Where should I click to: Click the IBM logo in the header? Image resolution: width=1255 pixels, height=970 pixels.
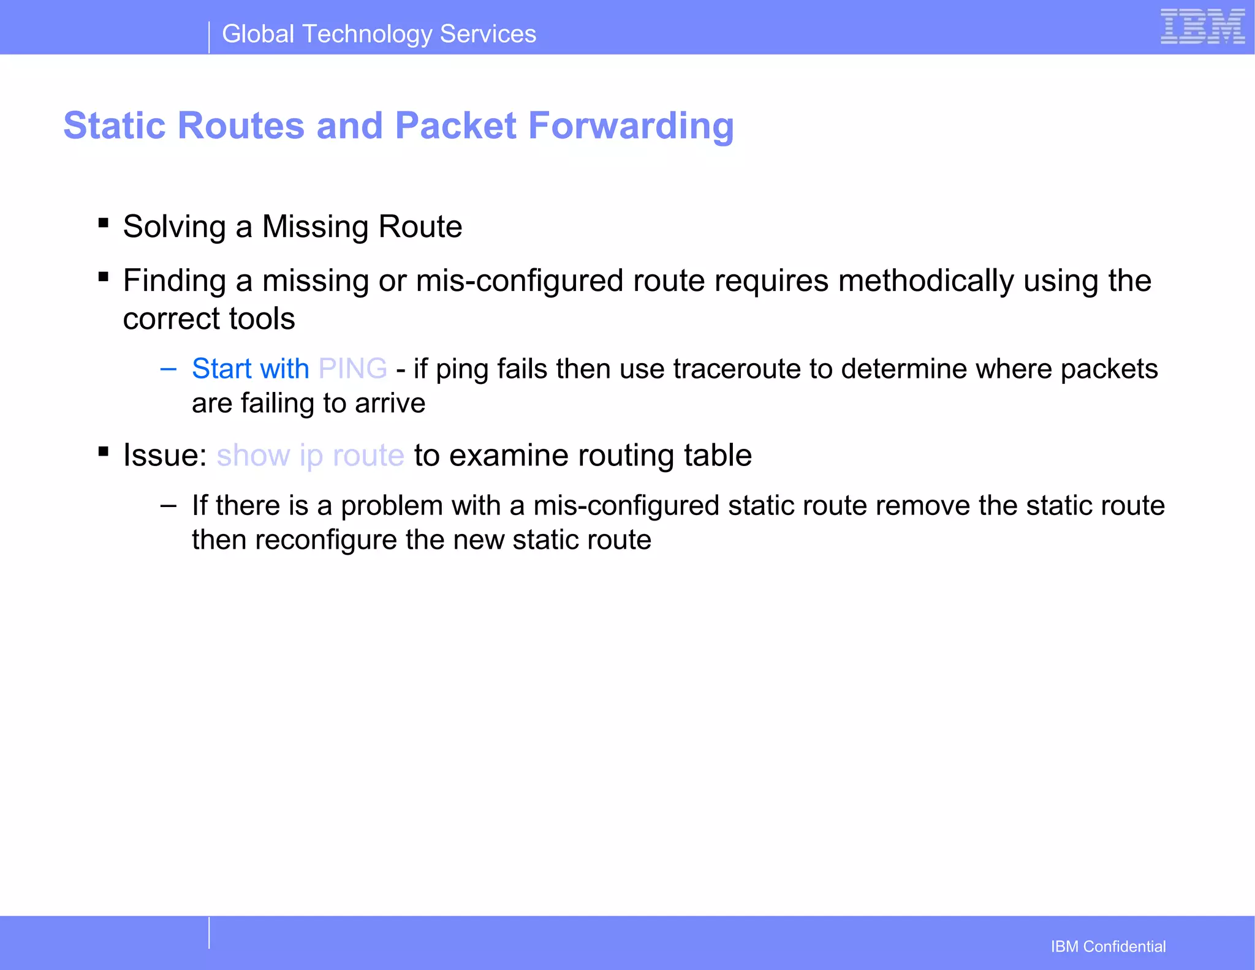[x=1202, y=27]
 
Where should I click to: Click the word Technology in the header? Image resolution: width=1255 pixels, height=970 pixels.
[x=368, y=34]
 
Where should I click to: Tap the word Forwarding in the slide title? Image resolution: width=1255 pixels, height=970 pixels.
[x=631, y=126]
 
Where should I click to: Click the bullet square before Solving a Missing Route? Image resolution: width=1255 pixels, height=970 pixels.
[x=104, y=224]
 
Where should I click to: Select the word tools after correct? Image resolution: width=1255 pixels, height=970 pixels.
[x=262, y=319]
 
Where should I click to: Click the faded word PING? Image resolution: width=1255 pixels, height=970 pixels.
[x=352, y=369]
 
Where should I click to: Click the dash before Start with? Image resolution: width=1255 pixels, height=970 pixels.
[x=168, y=369]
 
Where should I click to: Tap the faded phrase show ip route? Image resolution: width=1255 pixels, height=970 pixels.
[x=310, y=456]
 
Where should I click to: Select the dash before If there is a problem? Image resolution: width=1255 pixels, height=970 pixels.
[x=168, y=506]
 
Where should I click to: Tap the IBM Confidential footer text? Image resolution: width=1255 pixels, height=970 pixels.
[x=1107, y=947]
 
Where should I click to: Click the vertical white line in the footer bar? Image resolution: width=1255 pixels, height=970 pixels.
[x=209, y=933]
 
